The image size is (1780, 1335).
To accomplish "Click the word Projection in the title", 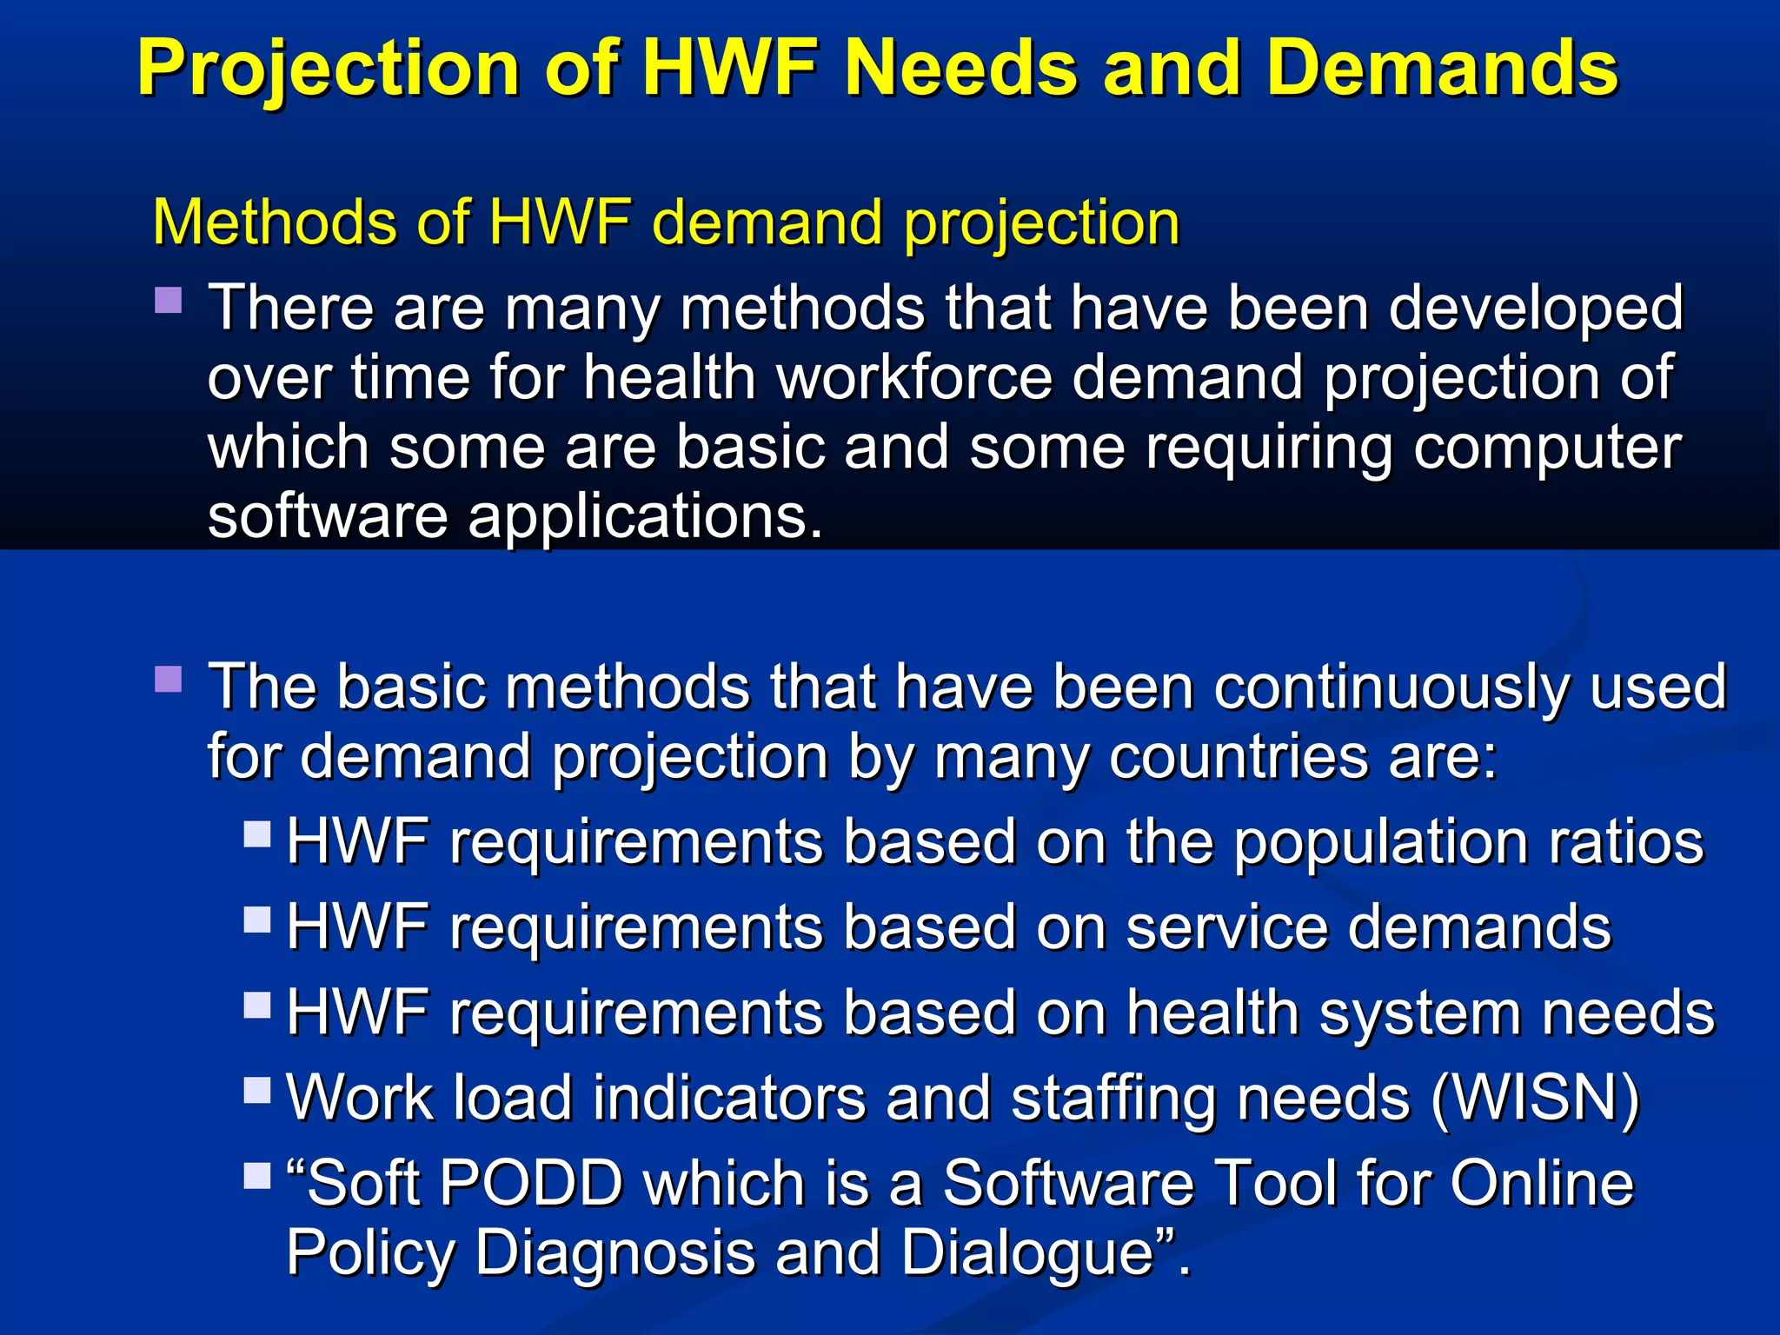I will coord(329,70).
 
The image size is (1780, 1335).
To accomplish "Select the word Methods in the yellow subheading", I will coord(273,222).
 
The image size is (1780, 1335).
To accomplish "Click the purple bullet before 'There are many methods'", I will coord(169,301).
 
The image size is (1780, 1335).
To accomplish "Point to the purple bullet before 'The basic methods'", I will coord(169,679).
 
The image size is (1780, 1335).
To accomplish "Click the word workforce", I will coord(913,379).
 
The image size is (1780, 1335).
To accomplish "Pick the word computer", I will coord(1548,448).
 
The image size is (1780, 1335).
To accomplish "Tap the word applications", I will coord(644,518).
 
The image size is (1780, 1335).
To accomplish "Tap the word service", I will coord(1226,927).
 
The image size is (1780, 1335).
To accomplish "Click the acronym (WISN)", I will coord(1535,1098).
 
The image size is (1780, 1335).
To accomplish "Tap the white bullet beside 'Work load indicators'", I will coord(257,1090).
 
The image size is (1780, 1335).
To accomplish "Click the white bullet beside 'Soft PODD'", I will coord(257,1175).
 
